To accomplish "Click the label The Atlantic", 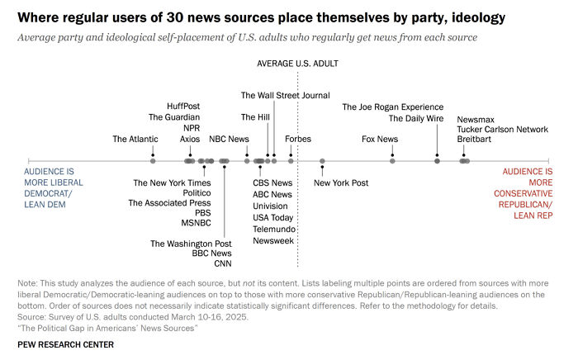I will coord(135,140).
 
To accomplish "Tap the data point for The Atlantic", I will coord(154,161).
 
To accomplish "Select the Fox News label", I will coord(380,140).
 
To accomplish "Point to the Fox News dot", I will coord(392,161).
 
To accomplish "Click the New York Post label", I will coord(341,182).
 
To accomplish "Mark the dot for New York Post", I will coord(322,161).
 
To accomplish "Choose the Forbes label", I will coord(298,140).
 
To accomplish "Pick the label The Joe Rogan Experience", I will coord(393,107).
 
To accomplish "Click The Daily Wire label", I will coord(416,118).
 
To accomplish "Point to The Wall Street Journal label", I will coord(285,96).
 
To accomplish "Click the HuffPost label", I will coord(183,107).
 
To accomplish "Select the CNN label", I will coord(223,264).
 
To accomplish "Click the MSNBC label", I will coord(197,223).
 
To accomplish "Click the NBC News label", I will coord(229,140).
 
